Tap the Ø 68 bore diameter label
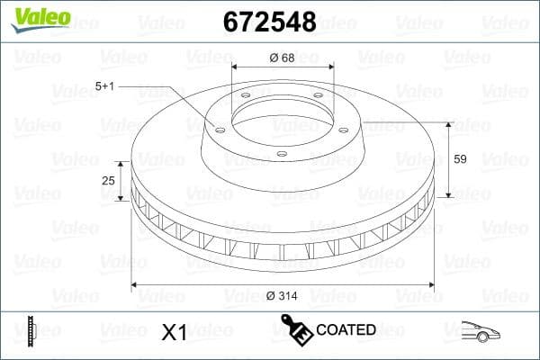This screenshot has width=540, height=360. pyautogui.click(x=283, y=58)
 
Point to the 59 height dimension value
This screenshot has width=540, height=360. pyautogui.click(x=459, y=159)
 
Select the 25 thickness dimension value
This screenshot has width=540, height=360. pyautogui.click(x=109, y=181)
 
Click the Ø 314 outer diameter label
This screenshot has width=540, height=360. pyautogui.click(x=283, y=295)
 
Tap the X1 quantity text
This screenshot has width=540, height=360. pyautogui.click(x=174, y=332)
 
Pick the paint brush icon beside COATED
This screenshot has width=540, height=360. pyautogui.click(x=296, y=329)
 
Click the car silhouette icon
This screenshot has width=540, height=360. pyautogui.click(x=481, y=331)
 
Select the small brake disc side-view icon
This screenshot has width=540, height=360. pyautogui.click(x=32, y=331)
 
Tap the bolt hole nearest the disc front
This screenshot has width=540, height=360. pyautogui.click(x=282, y=154)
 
